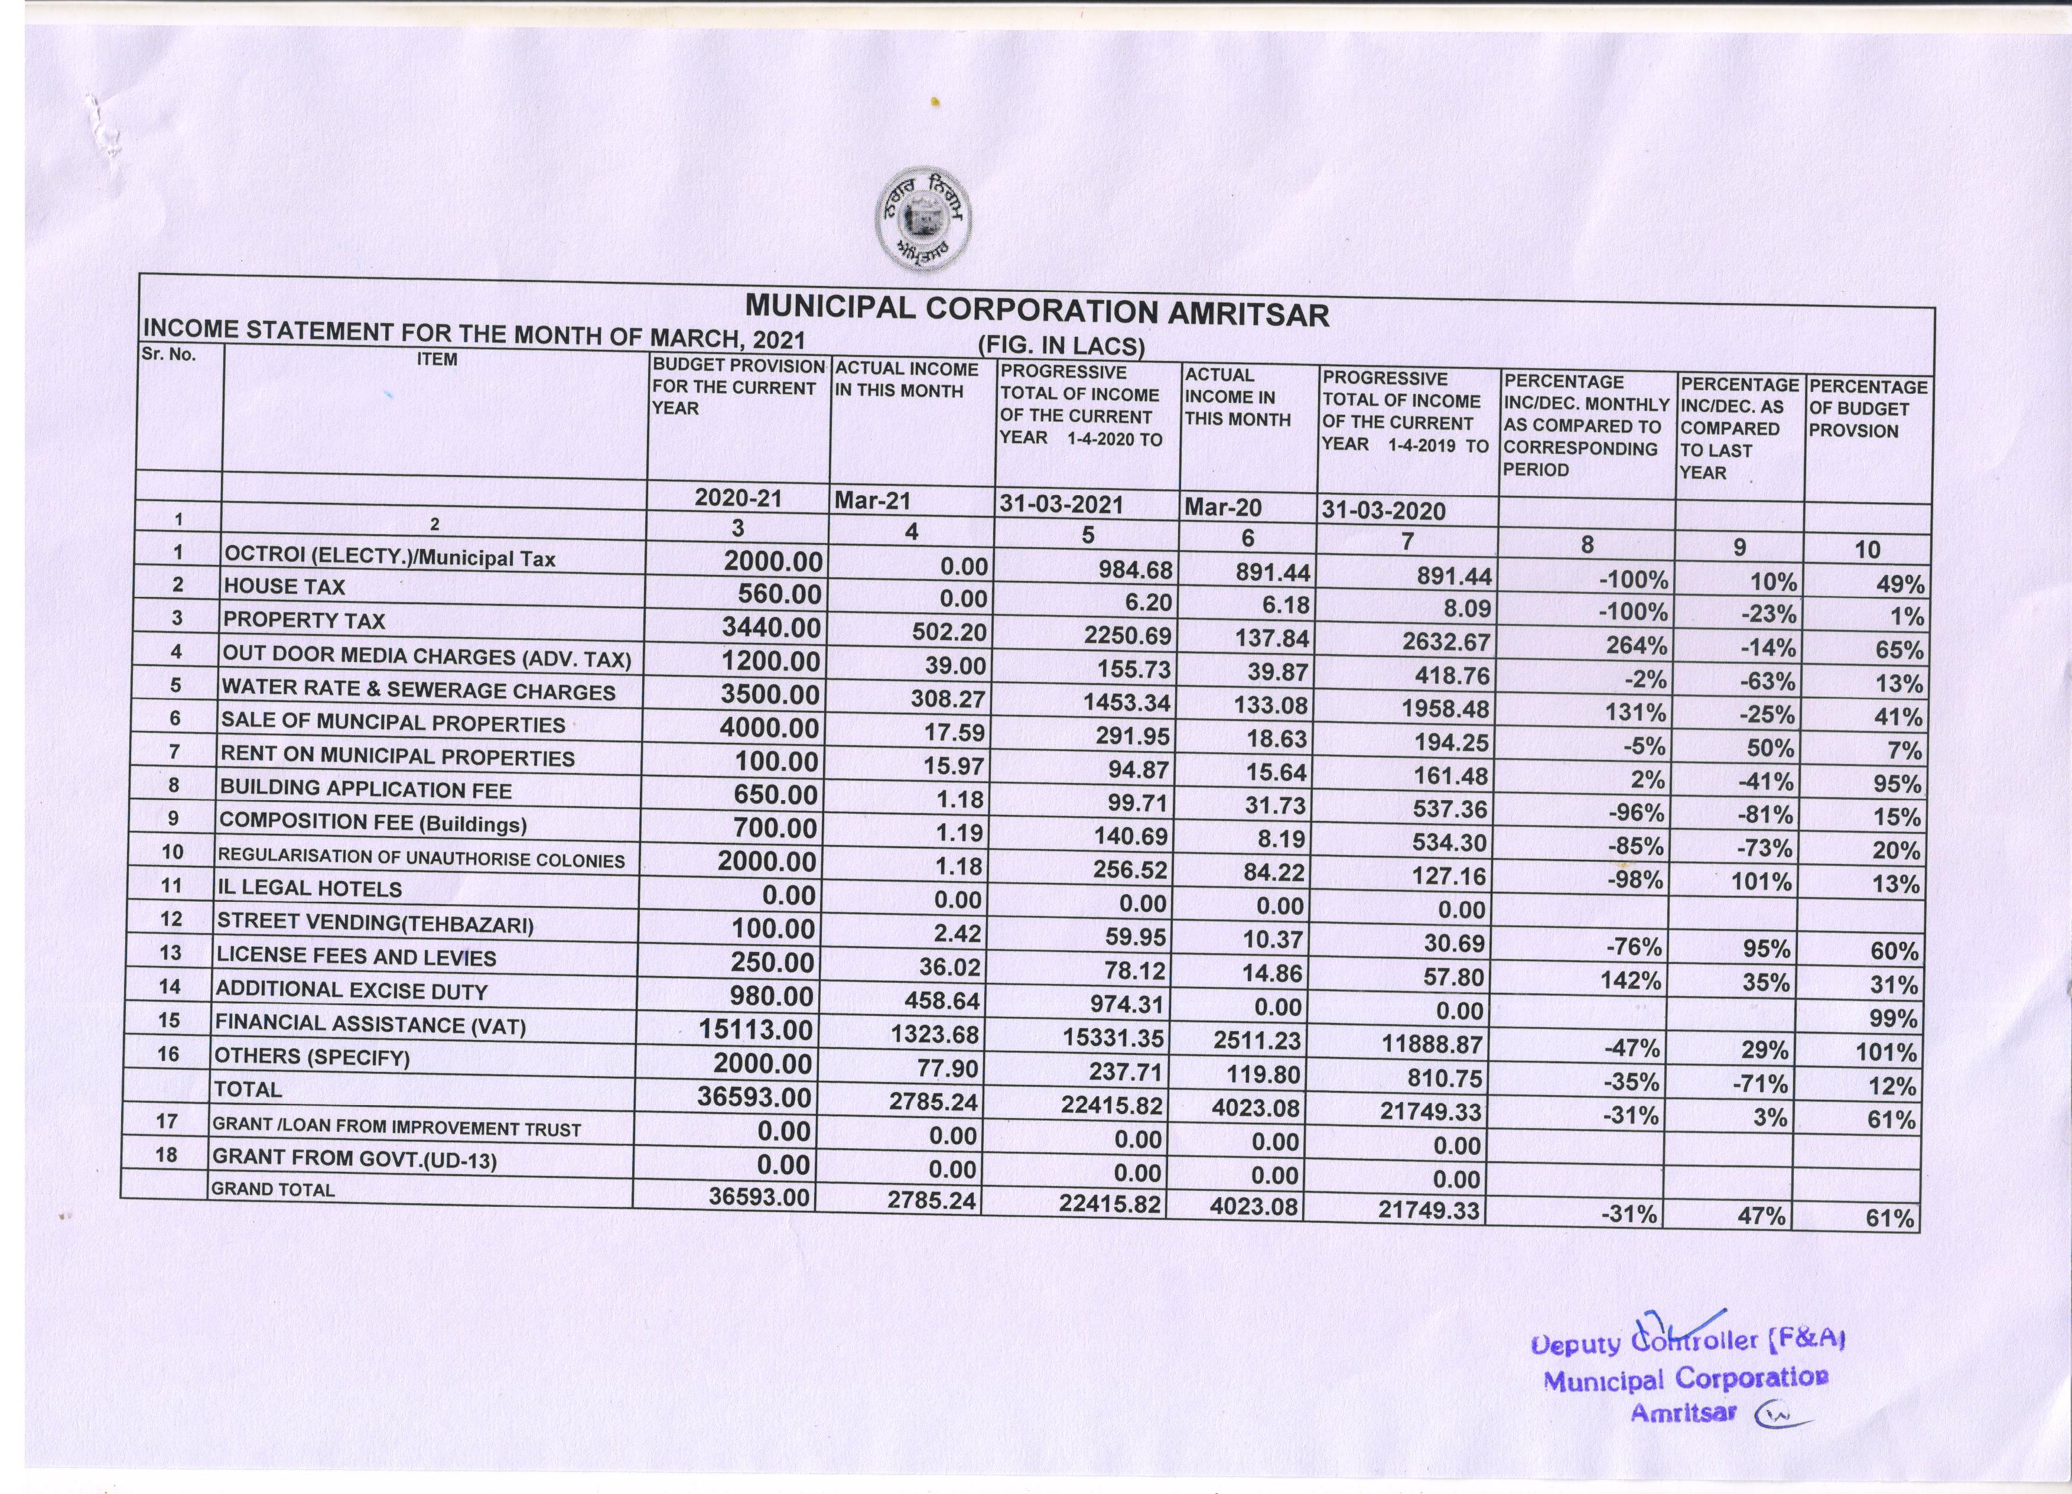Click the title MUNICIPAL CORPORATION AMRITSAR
point(1037,311)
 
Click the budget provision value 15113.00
point(756,1030)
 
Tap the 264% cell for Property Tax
point(1636,645)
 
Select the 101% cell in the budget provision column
point(1886,1052)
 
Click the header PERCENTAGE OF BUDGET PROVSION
point(1866,408)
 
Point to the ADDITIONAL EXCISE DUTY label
point(351,990)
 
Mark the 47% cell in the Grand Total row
point(1759,1215)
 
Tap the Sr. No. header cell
point(168,355)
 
